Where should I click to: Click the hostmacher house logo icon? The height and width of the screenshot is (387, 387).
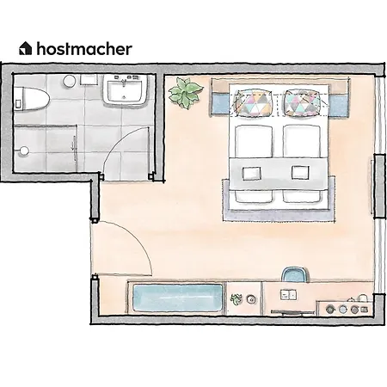click(26, 48)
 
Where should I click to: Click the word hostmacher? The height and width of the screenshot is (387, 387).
click(84, 48)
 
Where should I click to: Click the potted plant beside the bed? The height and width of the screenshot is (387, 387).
click(185, 92)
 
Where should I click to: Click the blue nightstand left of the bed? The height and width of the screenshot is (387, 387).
click(220, 104)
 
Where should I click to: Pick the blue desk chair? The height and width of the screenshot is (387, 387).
click(294, 274)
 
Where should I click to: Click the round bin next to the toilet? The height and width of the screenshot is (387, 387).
click(67, 81)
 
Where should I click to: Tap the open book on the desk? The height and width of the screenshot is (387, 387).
click(286, 294)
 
